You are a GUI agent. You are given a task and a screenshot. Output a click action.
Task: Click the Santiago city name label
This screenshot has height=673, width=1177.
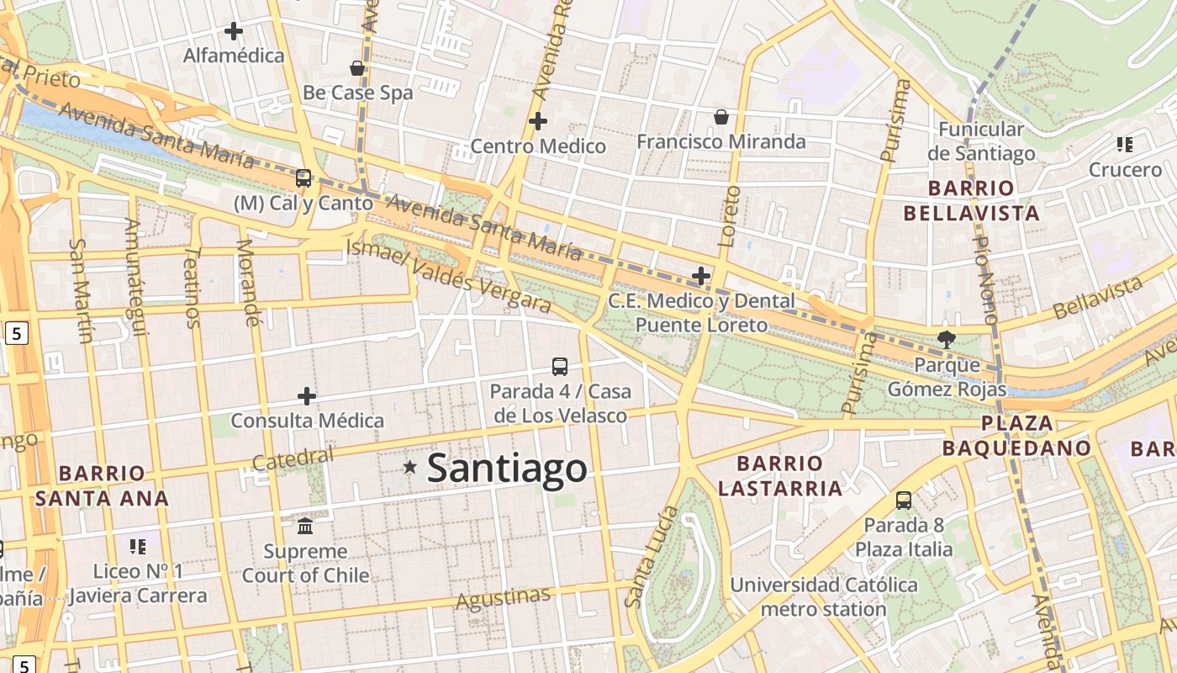(507, 468)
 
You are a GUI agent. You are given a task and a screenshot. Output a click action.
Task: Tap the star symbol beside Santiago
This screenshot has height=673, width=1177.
(409, 466)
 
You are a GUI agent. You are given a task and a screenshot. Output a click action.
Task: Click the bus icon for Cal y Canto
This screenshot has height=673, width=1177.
(303, 178)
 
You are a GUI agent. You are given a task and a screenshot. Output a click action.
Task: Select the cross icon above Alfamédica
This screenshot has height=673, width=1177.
(234, 31)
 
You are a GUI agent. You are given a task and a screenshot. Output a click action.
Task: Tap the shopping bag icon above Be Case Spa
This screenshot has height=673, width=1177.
(357, 68)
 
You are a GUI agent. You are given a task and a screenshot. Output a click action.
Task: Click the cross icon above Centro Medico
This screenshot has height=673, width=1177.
(538, 121)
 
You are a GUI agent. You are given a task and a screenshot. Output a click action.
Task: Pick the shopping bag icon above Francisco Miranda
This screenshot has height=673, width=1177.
(720, 117)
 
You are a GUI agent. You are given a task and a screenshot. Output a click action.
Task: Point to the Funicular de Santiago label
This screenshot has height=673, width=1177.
(981, 141)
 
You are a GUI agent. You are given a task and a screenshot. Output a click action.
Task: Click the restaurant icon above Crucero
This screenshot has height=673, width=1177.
(1125, 145)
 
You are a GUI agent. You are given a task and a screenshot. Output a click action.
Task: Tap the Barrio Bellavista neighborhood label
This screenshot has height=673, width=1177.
(971, 200)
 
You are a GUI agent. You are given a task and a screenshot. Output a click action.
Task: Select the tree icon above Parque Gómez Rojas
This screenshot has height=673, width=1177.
(947, 340)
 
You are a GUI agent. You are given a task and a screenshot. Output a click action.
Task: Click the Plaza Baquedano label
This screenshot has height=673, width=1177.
(1016, 436)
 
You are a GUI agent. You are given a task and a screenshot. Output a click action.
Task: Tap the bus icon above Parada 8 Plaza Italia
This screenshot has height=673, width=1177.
(904, 501)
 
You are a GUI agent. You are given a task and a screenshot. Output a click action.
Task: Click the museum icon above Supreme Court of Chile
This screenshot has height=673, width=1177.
(305, 527)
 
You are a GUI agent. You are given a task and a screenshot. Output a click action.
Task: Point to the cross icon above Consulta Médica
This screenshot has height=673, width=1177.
(307, 395)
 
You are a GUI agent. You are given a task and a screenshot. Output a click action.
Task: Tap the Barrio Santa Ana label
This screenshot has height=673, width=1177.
(102, 485)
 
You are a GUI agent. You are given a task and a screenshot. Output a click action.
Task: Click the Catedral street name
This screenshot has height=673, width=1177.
(293, 458)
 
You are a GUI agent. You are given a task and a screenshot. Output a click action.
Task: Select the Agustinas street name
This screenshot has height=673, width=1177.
(503, 598)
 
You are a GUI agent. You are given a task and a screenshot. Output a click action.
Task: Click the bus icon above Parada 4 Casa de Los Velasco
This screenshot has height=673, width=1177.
(560, 366)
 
